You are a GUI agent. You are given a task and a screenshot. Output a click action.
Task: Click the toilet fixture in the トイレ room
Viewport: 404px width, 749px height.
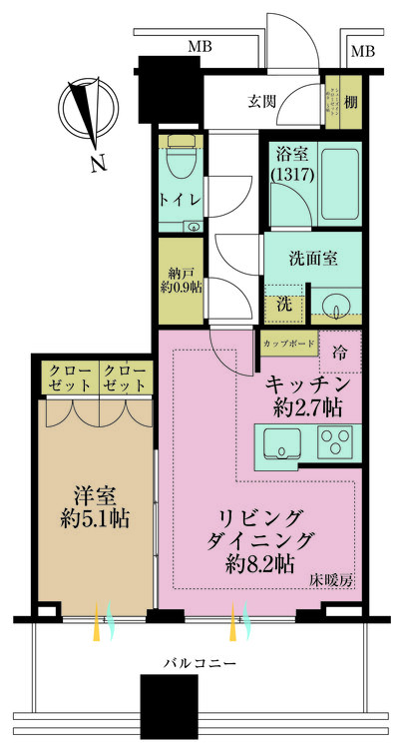point(183,161)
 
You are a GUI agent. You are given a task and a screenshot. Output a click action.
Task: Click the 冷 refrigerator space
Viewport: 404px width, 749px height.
point(340,352)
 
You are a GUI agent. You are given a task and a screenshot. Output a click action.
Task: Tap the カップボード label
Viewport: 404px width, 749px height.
point(289,343)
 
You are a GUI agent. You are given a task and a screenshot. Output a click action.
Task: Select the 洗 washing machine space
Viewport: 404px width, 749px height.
point(283,302)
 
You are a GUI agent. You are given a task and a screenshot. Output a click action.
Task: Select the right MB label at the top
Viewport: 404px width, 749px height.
point(363,51)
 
